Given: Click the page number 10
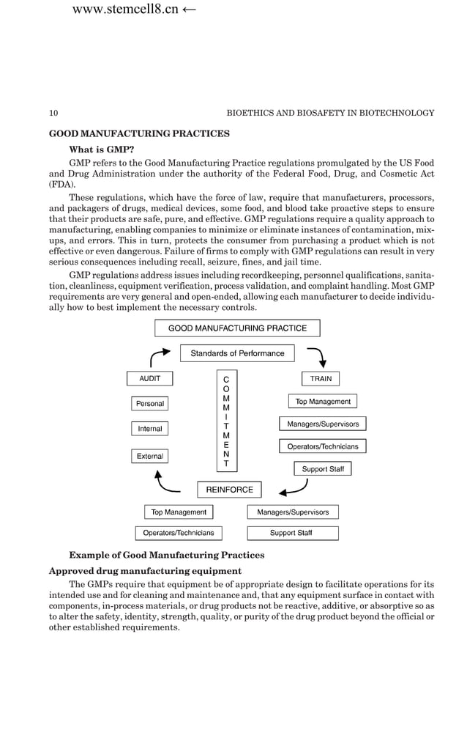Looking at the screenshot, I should click(x=53, y=113).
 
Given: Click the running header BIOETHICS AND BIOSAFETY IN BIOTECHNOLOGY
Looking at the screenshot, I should click(x=330, y=113).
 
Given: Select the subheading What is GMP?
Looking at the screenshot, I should click(x=101, y=149).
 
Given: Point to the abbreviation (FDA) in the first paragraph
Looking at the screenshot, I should click(x=62, y=185).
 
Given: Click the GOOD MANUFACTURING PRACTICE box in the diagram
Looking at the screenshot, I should click(x=237, y=328).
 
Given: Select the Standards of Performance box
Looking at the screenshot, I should click(x=237, y=353).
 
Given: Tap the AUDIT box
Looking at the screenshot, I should click(x=150, y=379).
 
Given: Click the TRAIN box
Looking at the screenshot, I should click(x=321, y=379).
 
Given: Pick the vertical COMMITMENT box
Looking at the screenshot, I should click(x=226, y=421).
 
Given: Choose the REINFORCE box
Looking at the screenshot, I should click(x=229, y=490).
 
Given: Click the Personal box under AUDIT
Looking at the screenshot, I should click(x=150, y=404).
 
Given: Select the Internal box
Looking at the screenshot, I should click(x=150, y=429).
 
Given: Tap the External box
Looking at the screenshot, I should click(x=150, y=456).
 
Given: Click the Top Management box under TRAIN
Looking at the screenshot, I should click(x=323, y=402).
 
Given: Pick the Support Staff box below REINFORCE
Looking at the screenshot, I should click(x=292, y=533).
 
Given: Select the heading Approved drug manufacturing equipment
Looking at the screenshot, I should click(x=145, y=570).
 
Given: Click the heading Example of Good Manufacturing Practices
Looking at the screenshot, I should click(x=166, y=555).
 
